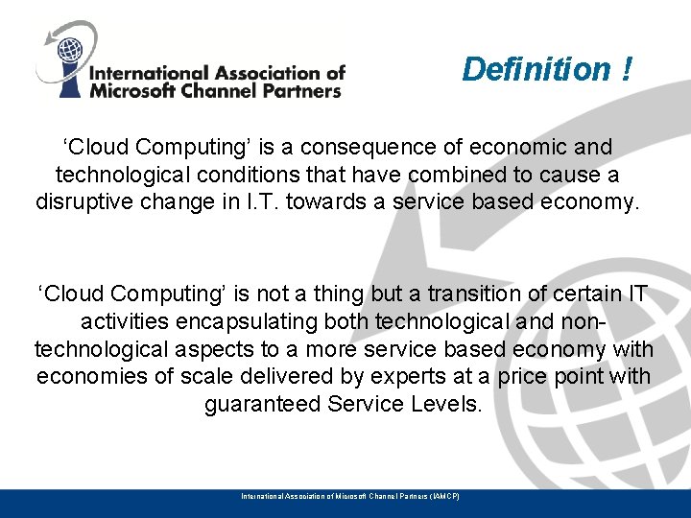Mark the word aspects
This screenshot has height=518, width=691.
[248, 348]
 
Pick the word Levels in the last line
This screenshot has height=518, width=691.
[447, 404]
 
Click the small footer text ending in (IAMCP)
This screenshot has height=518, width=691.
[349, 496]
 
